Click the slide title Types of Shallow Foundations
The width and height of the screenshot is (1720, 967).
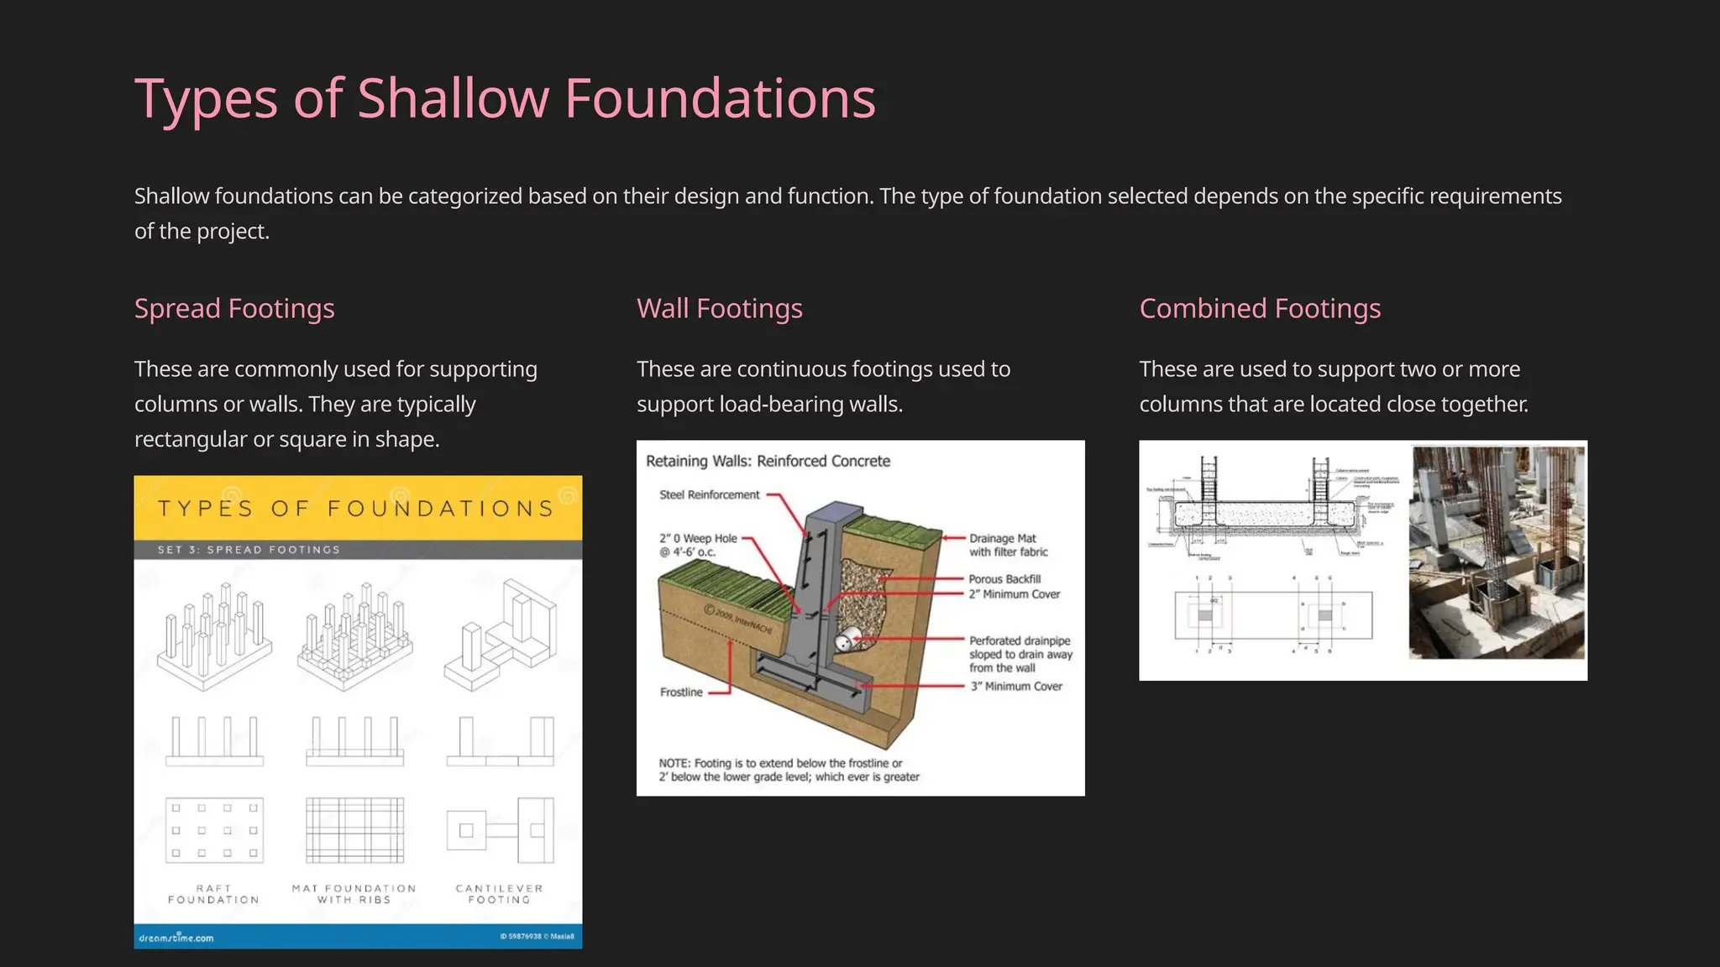505,99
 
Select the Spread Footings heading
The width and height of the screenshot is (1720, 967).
234,309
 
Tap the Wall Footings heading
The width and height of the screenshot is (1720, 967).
720,309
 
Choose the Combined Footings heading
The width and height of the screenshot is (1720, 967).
1260,309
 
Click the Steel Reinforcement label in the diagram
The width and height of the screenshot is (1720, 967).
709,495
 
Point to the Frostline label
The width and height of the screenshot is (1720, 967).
681,693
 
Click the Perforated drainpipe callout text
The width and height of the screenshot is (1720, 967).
1020,654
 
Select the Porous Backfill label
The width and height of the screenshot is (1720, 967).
1004,579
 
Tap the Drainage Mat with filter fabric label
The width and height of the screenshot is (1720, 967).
1008,545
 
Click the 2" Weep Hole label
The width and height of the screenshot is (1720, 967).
697,545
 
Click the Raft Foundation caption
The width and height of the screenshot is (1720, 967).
213,894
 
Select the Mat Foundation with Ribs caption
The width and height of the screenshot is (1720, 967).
354,894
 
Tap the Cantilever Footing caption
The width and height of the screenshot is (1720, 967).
499,894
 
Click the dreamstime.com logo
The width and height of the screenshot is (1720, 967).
176,938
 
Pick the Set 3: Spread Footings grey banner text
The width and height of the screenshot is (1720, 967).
249,550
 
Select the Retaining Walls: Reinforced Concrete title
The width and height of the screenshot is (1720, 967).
768,461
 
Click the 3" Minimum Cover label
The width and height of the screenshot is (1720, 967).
1016,687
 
